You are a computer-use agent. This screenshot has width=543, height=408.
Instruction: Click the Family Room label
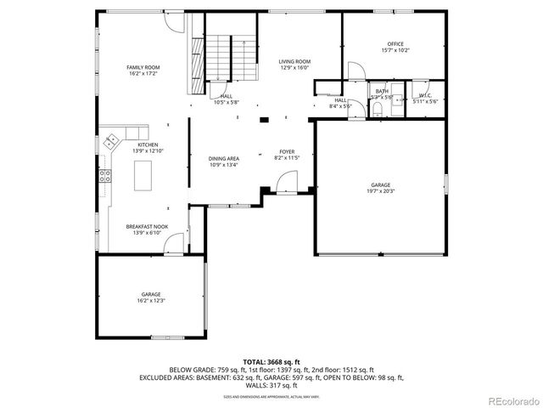pyautogui.click(x=143, y=67)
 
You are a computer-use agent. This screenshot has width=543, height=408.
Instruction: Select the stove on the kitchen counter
pyautogui.click(x=106, y=177)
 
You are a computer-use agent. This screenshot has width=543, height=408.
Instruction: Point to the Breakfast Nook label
pyautogui.click(x=147, y=227)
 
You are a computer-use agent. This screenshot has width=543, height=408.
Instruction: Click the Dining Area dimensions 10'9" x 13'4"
pyautogui.click(x=224, y=165)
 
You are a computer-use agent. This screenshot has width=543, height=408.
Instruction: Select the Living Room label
pyautogui.click(x=295, y=62)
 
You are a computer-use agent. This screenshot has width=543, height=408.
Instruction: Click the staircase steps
pyautogui.click(x=221, y=58)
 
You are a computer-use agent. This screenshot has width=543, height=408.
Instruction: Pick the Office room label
pyautogui.click(x=395, y=44)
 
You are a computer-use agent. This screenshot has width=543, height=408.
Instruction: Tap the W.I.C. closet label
pyautogui.click(x=424, y=95)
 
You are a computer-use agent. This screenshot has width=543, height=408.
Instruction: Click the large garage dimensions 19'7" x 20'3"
pyautogui.click(x=381, y=191)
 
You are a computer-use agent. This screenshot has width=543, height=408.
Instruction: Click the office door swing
pyautogui.click(x=355, y=71)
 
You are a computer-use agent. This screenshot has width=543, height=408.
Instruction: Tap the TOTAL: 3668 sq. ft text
pyautogui.click(x=271, y=362)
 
